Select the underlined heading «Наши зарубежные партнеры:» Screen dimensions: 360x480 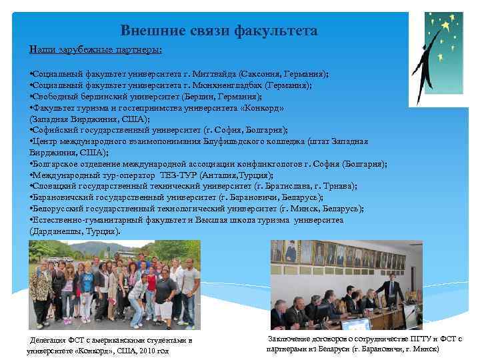pos(96,50)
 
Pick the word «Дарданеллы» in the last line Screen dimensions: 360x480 pos(55,231)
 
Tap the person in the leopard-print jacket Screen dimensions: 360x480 pos(41,287)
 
